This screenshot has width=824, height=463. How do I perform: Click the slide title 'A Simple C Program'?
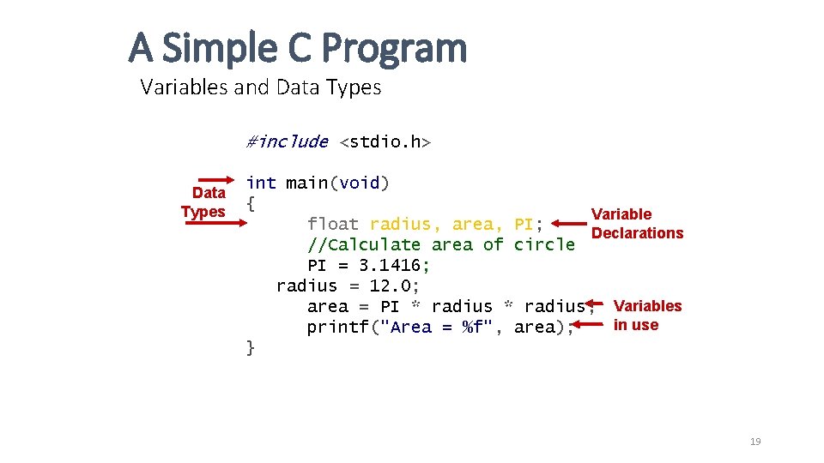298,48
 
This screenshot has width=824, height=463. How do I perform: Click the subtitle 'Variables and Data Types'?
260,87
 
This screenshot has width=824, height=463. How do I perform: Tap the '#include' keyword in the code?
287,141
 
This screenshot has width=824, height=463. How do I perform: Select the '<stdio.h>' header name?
385,141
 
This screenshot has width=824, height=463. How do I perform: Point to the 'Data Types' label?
204,202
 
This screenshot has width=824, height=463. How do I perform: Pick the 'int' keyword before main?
261,183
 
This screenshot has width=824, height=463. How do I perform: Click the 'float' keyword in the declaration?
333,224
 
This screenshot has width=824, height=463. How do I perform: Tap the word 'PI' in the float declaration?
524,224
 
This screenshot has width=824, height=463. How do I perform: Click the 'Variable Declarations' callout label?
637,224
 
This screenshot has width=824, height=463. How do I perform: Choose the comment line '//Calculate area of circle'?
441,244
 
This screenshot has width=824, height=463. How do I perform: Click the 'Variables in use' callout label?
647,316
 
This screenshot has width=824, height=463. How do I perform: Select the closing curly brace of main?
251,347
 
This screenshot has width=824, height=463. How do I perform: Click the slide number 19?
755,442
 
